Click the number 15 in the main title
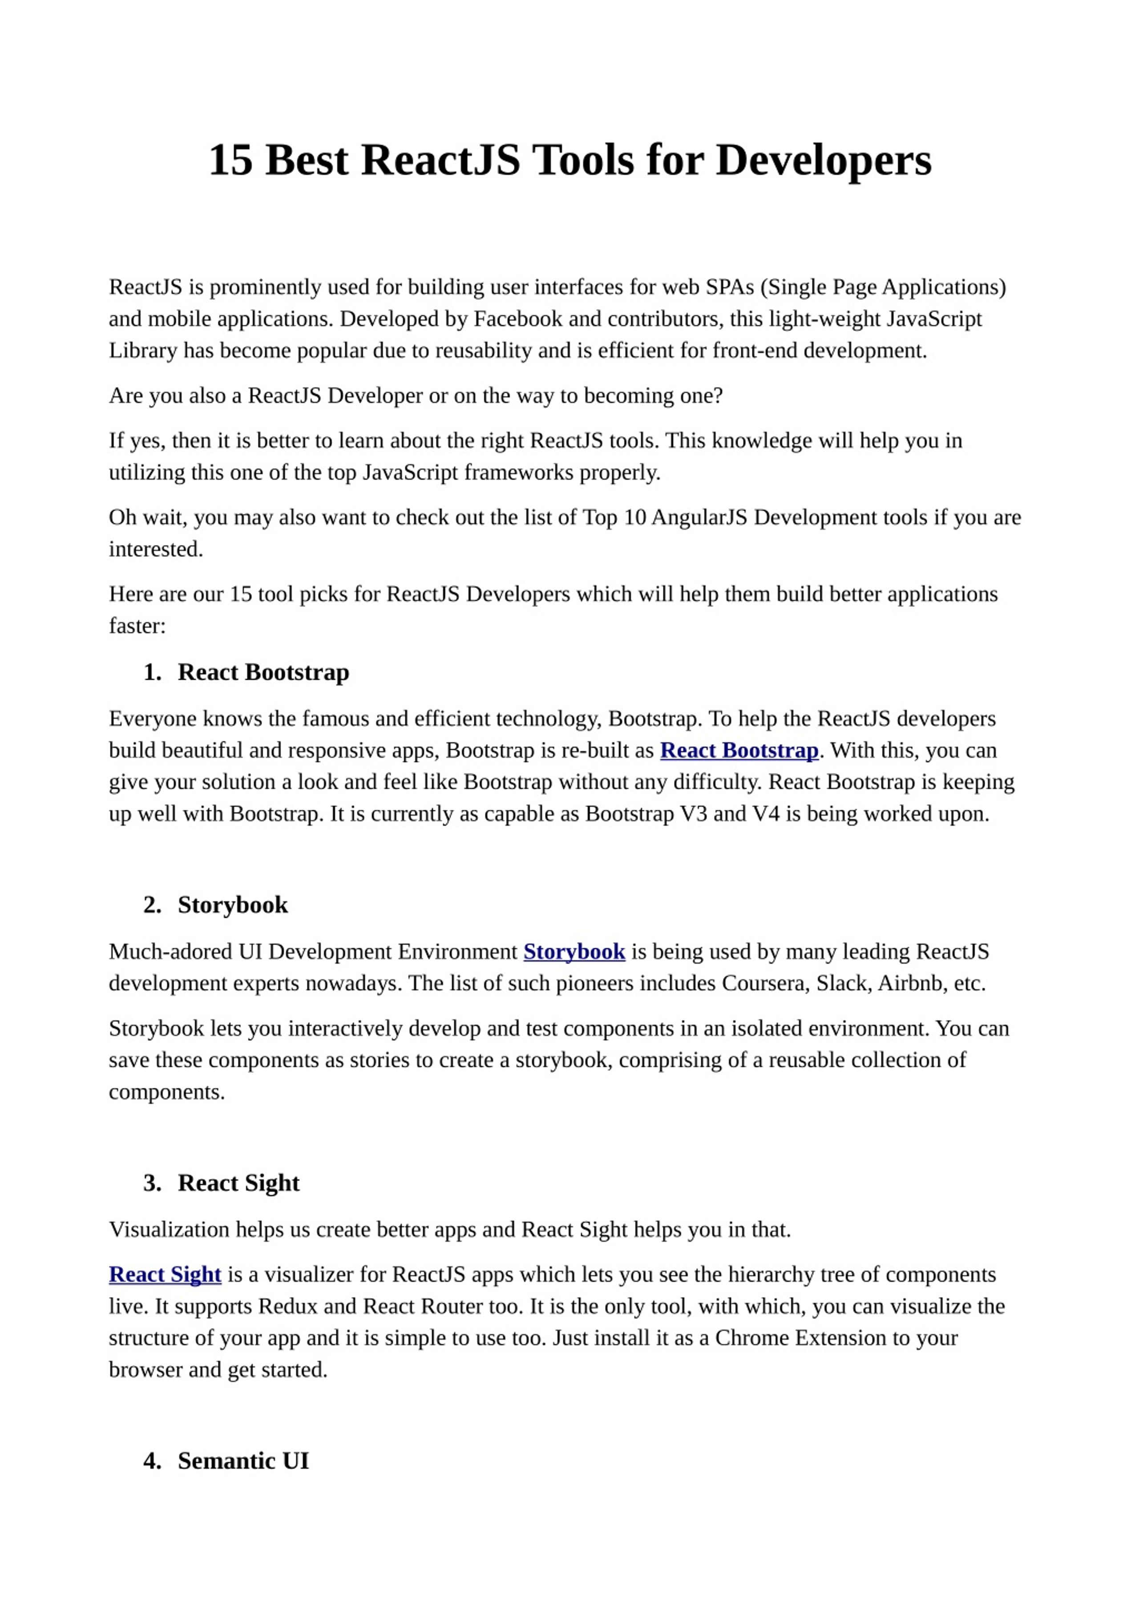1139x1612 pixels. point(230,160)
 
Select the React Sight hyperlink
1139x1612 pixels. point(165,1274)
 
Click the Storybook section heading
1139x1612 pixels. point(232,905)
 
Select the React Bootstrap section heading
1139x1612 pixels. point(263,673)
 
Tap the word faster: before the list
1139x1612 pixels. point(137,626)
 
